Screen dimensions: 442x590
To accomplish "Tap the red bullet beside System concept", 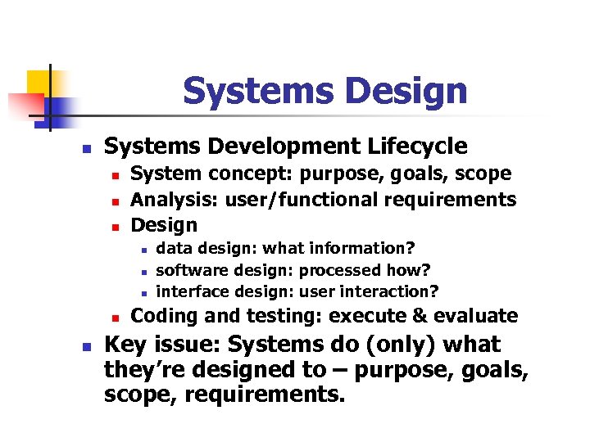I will [x=116, y=175].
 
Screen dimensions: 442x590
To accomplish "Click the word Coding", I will [x=161, y=316].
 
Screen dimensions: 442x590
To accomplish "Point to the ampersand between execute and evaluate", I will [x=420, y=316].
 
